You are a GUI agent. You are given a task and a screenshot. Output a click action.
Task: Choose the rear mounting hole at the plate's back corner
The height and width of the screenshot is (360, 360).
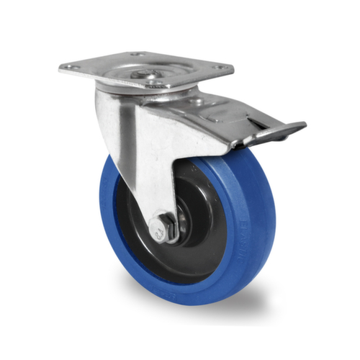click(137, 54)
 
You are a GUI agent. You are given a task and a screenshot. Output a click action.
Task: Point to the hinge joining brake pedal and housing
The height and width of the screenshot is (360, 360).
click(235, 144)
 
